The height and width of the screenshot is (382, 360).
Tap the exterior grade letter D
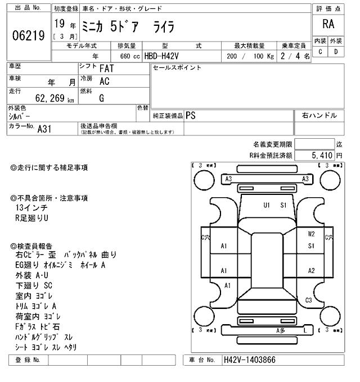[x=336, y=52]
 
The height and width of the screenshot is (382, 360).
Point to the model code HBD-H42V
[x=165, y=56]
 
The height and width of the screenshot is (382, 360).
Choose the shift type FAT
[x=106, y=68]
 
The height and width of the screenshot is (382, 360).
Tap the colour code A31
[x=44, y=128]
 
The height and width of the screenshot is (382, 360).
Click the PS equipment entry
[x=191, y=115]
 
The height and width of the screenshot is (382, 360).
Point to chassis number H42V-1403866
[x=249, y=360]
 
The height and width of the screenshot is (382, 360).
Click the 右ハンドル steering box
[x=319, y=115]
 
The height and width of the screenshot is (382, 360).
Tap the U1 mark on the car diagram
[x=267, y=204]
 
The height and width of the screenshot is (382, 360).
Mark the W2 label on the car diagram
[x=311, y=234]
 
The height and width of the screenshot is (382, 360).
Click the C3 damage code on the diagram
[x=308, y=300]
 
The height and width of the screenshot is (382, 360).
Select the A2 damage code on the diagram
[x=311, y=270]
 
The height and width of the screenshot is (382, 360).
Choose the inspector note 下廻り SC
[x=34, y=285]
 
